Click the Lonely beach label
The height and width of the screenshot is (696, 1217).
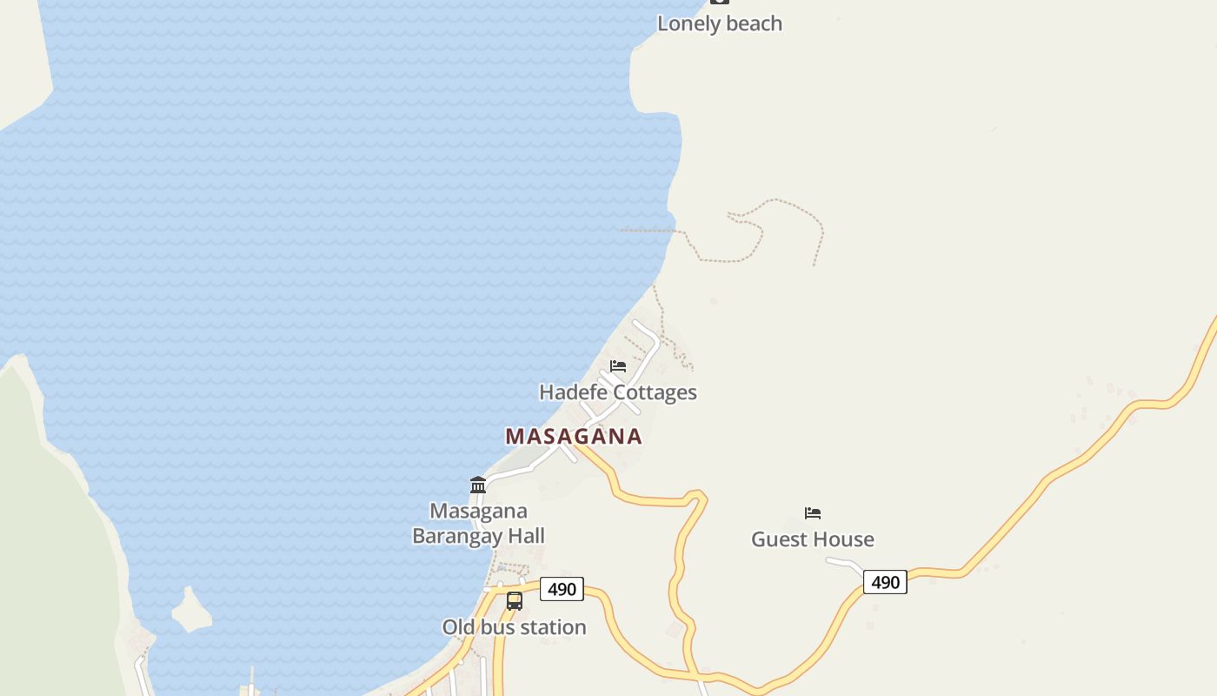point(719,23)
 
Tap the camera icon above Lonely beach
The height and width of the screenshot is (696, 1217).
point(719,2)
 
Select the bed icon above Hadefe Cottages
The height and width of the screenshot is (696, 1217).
point(618,366)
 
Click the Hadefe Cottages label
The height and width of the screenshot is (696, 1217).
point(617,392)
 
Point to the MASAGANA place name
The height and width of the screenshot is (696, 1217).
point(574,437)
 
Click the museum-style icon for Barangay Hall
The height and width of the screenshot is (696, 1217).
point(478,485)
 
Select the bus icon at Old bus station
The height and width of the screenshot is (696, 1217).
point(515,601)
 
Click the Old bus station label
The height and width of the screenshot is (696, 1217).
point(514,627)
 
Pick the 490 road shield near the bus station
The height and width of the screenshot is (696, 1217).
point(562,589)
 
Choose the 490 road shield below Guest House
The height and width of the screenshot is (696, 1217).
point(885,582)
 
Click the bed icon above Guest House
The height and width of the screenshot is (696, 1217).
point(813,513)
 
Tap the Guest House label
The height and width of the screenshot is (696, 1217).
point(812,539)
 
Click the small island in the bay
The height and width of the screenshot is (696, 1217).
point(191,611)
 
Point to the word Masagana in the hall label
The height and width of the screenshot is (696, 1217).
point(478,511)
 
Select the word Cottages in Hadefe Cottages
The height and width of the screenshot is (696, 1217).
point(655,392)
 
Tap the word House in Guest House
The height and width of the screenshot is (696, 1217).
point(845,539)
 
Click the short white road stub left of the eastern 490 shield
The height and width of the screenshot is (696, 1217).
point(843,564)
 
